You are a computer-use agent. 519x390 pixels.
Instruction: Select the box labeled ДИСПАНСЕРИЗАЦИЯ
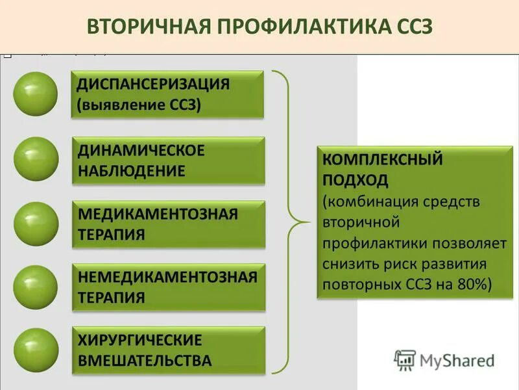pyautogui.click(x=167, y=94)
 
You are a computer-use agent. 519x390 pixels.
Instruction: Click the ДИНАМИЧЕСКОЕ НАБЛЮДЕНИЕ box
pyautogui.click(x=167, y=160)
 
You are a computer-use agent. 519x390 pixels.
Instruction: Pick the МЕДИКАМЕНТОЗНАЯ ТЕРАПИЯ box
pyautogui.click(x=167, y=224)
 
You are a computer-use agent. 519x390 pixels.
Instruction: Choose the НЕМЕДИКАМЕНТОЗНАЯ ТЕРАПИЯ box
pyautogui.click(x=167, y=287)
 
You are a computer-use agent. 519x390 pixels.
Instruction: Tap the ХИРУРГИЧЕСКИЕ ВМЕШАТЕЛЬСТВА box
pyautogui.click(x=167, y=350)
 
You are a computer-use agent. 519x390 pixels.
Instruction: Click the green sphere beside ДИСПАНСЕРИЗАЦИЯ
pyautogui.click(x=36, y=94)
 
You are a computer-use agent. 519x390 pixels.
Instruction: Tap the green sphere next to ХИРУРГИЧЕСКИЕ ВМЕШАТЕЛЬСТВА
pyautogui.click(x=36, y=350)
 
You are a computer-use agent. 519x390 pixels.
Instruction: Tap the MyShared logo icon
pyautogui.click(x=405, y=359)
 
